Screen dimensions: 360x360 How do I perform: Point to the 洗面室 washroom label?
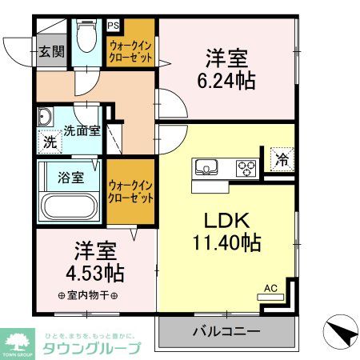(x=82, y=130)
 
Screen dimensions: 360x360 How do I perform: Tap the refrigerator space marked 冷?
(x=281, y=158)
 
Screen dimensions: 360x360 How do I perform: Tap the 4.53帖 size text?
(x=94, y=273)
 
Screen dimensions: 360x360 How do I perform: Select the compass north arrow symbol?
(x=340, y=332)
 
